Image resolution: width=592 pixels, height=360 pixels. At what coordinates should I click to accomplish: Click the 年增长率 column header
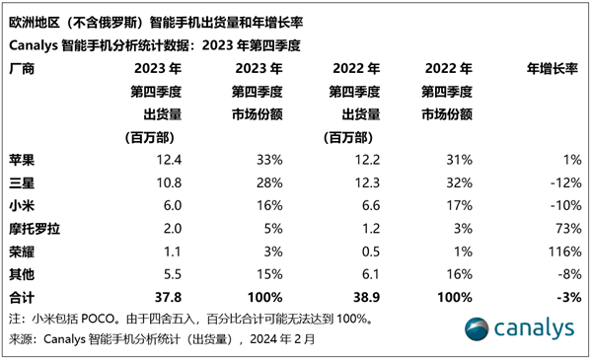click(552, 69)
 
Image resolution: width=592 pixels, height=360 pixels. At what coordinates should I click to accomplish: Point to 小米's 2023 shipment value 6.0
click(172, 206)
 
